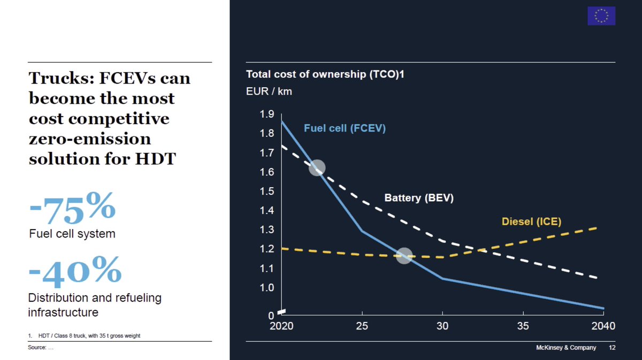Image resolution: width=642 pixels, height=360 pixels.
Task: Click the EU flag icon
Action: pos(601,16)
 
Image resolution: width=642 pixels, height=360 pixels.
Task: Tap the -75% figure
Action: pos(72,208)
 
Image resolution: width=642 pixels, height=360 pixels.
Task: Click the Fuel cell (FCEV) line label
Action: pos(345,128)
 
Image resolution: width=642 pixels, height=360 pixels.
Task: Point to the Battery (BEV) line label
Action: pos(419,198)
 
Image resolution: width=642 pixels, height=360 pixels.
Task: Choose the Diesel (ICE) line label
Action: pos(531,221)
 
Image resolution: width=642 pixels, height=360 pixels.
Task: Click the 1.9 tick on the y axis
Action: pos(266,114)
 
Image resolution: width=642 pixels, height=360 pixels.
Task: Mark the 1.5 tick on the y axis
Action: pos(266,192)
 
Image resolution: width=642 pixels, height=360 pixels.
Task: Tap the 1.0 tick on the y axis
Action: pos(266,288)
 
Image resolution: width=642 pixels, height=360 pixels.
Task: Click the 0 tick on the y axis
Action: pos(271,315)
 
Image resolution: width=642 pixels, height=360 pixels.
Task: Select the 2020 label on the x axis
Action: pos(281,326)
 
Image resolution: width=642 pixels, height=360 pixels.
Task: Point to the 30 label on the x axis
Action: pos(442,326)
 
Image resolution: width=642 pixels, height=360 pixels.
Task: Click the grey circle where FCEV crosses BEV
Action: pos(317,167)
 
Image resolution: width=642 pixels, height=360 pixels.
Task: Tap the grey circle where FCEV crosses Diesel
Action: pos(404,255)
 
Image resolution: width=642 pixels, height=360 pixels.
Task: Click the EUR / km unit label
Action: pos(269,91)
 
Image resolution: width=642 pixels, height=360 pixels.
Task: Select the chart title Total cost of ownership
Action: pos(325,75)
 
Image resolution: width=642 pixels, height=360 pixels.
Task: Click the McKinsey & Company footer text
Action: pos(565,348)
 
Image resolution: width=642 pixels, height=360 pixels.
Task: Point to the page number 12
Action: pos(612,348)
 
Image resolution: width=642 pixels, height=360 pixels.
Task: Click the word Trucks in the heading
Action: pos(59,79)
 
